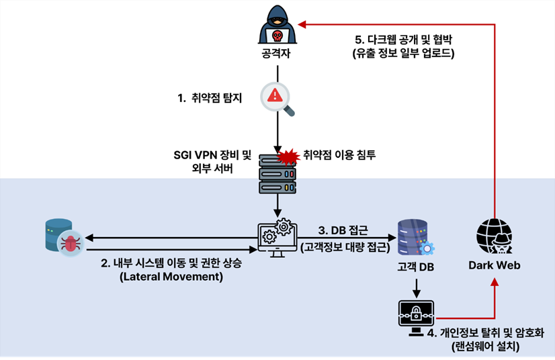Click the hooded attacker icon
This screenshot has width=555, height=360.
[277, 25]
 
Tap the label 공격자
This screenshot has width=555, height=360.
[277, 53]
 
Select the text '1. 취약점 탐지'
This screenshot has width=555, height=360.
[210, 98]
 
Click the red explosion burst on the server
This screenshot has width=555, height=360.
[288, 156]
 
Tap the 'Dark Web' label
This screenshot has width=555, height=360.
[495, 265]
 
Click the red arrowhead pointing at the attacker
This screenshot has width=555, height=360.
[302, 25]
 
